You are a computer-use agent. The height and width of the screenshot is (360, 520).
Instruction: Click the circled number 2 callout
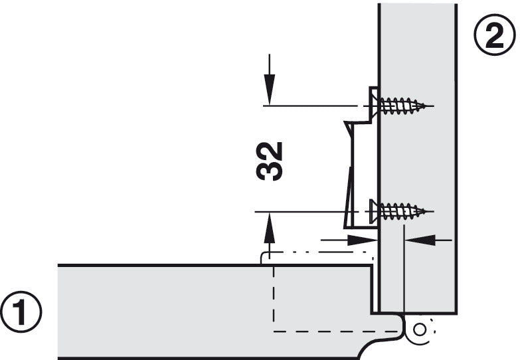coord(495,34)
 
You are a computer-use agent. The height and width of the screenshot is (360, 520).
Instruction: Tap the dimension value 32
coord(269,161)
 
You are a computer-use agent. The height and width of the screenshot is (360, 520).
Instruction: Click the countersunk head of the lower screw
coord(374,211)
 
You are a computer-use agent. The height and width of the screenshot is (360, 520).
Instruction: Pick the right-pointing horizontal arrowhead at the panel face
coord(362,240)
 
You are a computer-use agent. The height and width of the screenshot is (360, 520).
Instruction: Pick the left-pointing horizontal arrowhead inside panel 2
coord(420,240)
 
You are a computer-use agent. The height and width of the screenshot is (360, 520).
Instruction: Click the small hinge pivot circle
coord(420,330)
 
